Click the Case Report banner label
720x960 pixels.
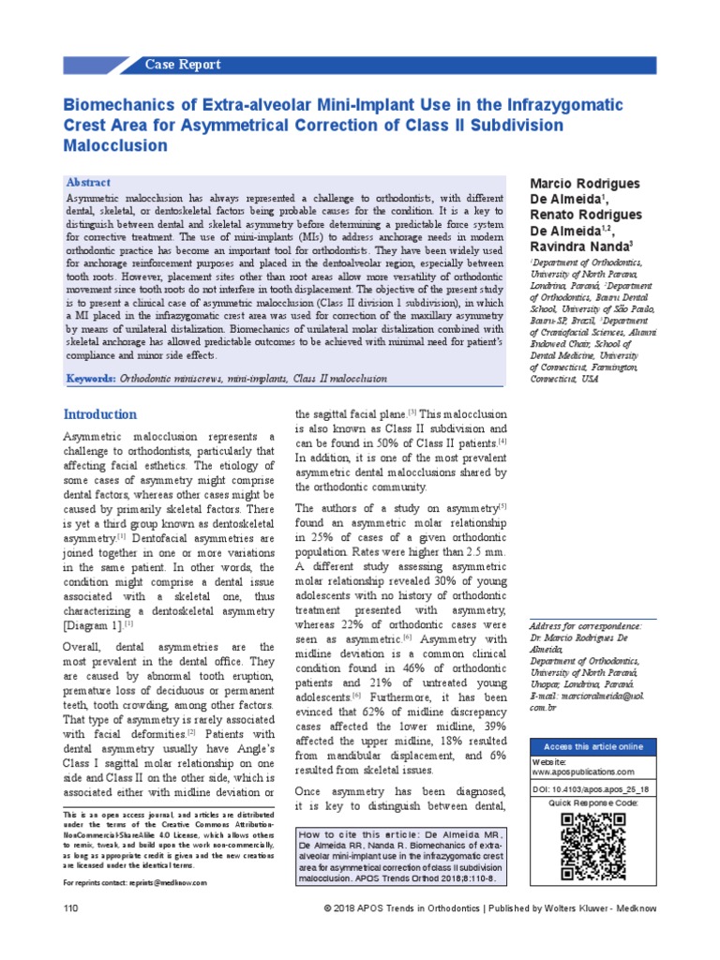click(x=183, y=65)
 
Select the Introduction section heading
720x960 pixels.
click(x=99, y=414)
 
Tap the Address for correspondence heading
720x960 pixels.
click(x=586, y=625)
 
